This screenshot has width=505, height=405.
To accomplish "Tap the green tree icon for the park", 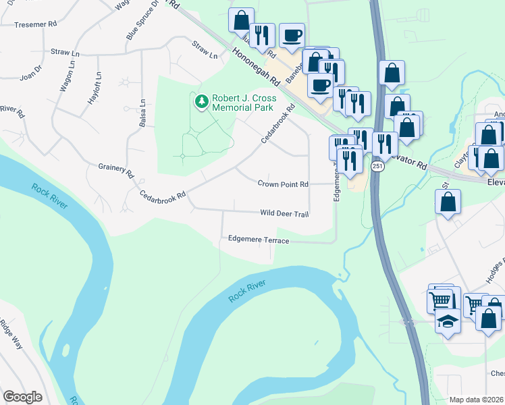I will tap(201, 102).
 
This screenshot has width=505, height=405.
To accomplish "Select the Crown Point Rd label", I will tap(283, 184).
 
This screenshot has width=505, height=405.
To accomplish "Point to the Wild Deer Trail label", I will tap(284, 214).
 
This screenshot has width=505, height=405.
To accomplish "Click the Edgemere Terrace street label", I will tap(259, 240).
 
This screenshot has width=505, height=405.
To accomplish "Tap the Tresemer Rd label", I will tap(35, 24).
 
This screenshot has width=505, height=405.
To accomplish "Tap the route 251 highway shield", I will tap(377, 167).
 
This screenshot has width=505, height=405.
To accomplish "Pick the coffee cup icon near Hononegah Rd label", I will tap(292, 35).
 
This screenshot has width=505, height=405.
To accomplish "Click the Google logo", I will tap(22, 397).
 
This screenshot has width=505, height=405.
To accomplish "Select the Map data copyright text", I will tap(477, 400).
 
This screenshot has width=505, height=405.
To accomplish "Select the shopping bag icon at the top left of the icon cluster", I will tap(241, 20).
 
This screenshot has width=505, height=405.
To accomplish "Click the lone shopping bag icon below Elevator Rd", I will tap(448, 201).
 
